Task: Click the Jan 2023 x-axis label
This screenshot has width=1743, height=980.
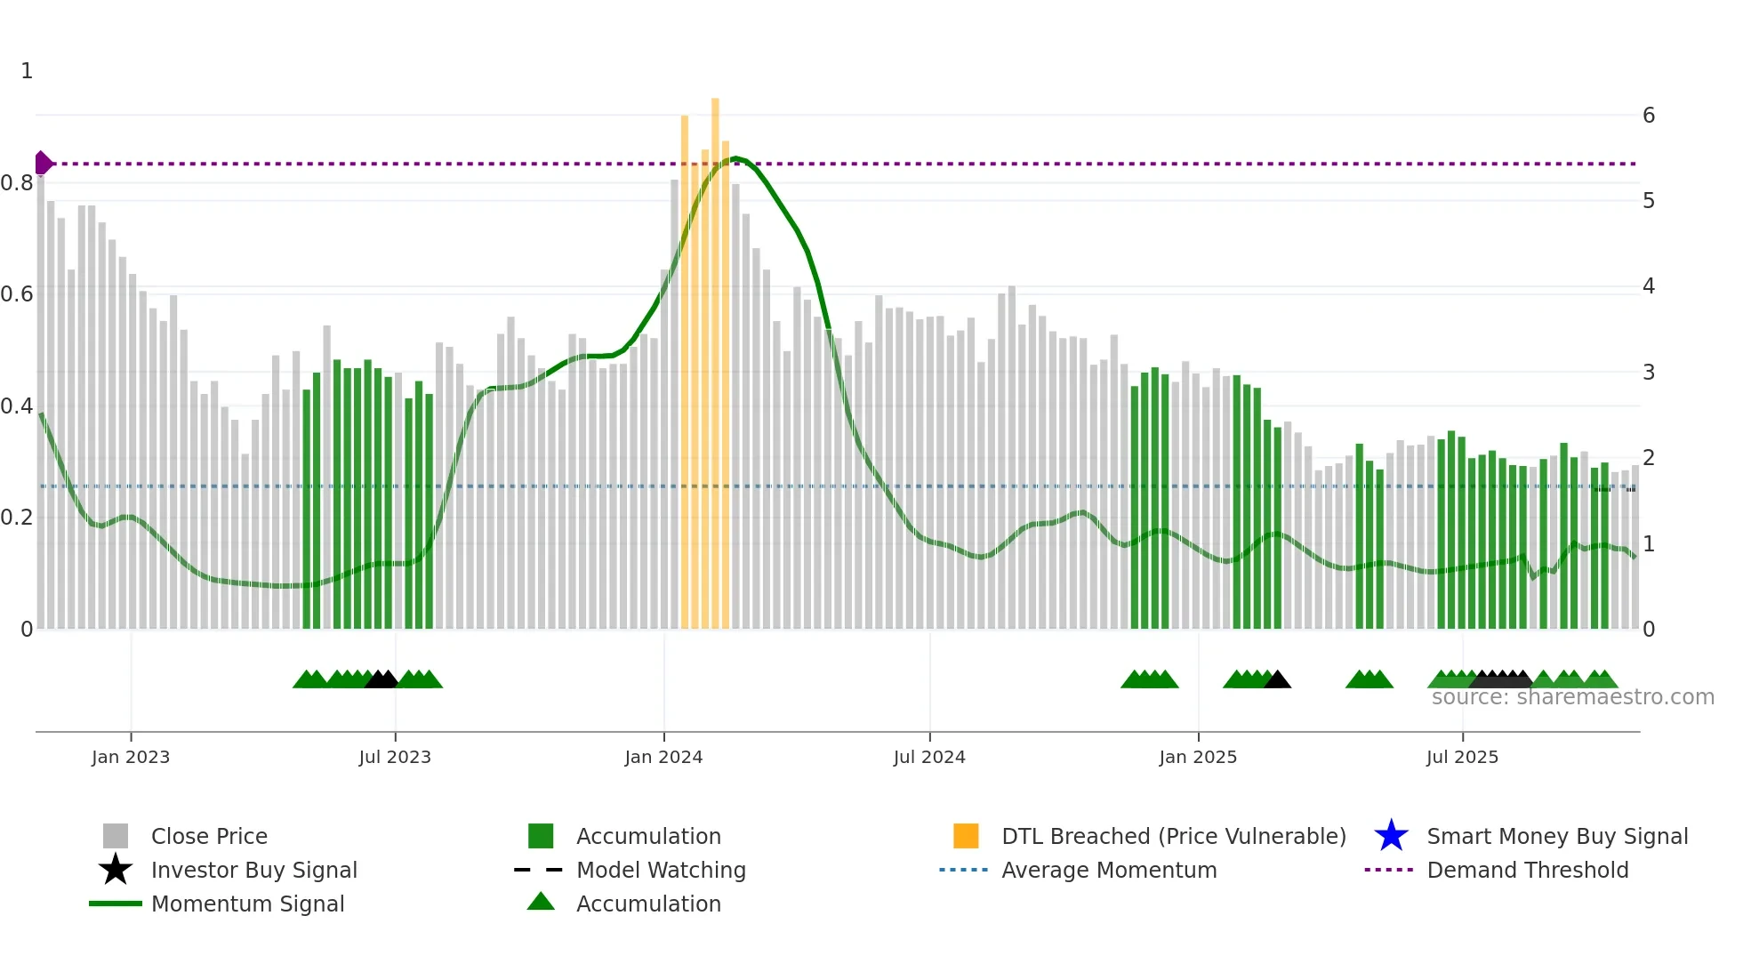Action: click(x=130, y=757)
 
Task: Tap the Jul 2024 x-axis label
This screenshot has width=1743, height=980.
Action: click(x=928, y=757)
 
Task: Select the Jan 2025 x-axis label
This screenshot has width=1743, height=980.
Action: click(x=1197, y=757)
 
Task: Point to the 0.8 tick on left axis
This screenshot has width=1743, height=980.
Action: click(x=17, y=183)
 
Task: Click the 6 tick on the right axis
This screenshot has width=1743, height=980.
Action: click(x=1648, y=116)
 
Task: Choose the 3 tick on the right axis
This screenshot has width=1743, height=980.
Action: click(x=1648, y=372)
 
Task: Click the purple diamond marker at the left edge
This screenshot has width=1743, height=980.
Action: click(x=42, y=164)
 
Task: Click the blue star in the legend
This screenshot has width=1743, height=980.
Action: click(x=1391, y=836)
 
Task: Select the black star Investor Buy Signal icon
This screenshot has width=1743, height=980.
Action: click(x=116, y=870)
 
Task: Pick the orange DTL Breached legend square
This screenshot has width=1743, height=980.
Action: click(x=966, y=836)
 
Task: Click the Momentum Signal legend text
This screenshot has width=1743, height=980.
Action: click(x=247, y=904)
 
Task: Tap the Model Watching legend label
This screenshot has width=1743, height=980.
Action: click(x=661, y=870)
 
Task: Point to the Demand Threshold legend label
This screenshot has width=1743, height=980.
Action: click(x=1527, y=870)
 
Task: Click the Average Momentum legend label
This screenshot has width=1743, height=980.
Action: click(x=1109, y=870)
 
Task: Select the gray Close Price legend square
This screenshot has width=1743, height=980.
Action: click(x=116, y=836)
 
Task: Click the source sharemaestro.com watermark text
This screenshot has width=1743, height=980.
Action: click(x=1572, y=697)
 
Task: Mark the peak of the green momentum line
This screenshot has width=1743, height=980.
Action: click(x=735, y=159)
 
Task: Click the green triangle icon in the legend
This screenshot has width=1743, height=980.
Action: click(x=541, y=902)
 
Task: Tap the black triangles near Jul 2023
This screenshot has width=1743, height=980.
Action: click(x=382, y=680)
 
